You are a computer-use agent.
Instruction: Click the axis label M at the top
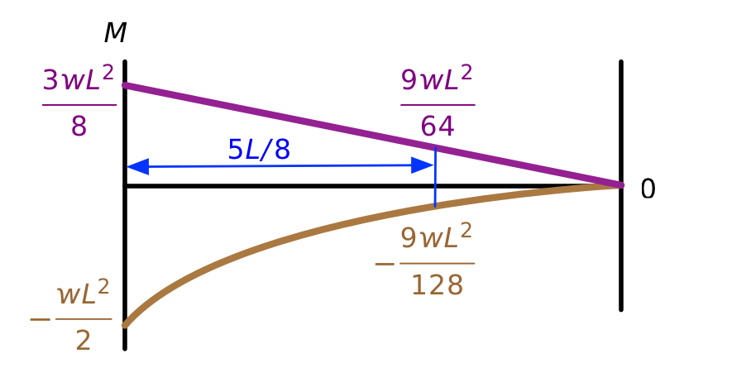pos(116,33)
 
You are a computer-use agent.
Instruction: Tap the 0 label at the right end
pos(648,189)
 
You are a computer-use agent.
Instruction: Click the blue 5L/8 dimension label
pos(259,150)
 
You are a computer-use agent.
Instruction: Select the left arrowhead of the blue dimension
pos(138,166)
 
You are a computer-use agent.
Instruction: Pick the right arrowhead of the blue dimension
pos(423,165)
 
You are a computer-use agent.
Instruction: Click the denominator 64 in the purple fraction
pos(438,127)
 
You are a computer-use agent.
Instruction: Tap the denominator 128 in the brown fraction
pos(438,285)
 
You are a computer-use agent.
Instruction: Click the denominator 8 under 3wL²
pos(79,127)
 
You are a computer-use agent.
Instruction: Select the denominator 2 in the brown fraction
pos(84,342)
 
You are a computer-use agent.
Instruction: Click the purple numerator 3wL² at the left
pos(79,79)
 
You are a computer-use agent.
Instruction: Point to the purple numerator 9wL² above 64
pos(437,79)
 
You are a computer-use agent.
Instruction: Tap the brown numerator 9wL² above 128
pos(437,237)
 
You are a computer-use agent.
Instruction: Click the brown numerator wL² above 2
pos(84,293)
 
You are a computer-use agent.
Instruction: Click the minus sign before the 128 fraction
pos(385,264)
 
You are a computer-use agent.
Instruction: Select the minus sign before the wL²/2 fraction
pos(41,319)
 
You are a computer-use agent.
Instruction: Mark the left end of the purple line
pos(125,85)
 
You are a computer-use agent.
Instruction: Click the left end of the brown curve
pos(125,326)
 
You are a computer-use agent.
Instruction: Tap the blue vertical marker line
pos(435,177)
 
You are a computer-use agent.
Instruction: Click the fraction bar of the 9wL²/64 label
pos(438,104)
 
